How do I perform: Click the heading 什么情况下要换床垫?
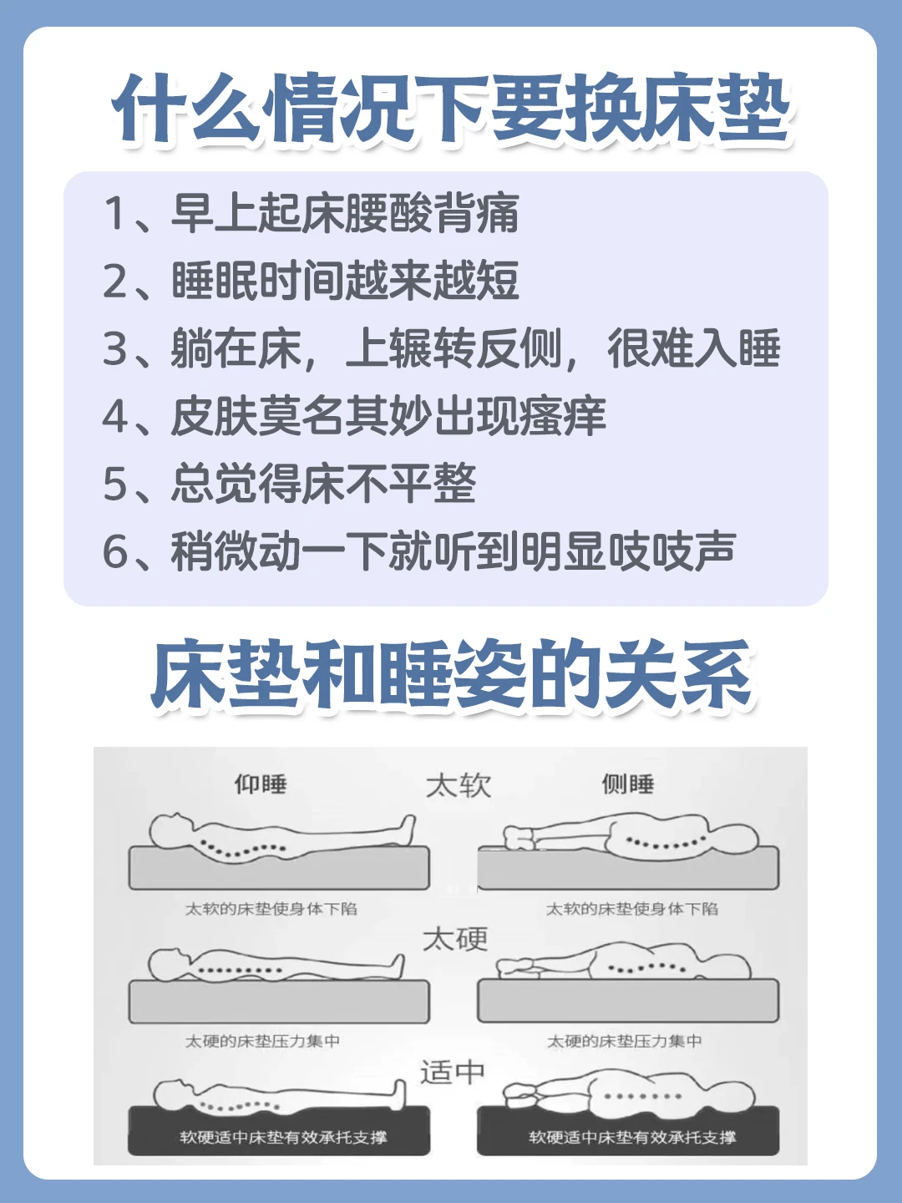[x=451, y=109]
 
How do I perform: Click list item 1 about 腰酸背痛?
[x=311, y=213]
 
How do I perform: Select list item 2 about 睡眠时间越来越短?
[x=311, y=281]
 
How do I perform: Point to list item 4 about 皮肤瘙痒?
[x=354, y=416]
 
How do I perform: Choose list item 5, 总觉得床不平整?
[x=289, y=484]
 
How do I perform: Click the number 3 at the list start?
[x=115, y=349]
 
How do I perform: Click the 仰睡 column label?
[x=261, y=784]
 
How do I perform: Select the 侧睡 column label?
[x=627, y=784]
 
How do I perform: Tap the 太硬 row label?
[x=455, y=939]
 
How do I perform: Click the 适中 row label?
[x=453, y=1072]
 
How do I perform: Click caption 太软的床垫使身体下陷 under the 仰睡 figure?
[x=271, y=909]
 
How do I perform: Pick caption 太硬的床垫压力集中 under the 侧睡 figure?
[x=624, y=1041]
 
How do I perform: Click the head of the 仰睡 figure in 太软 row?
[x=170, y=831]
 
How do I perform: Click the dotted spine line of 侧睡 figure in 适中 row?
[x=643, y=1097]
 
